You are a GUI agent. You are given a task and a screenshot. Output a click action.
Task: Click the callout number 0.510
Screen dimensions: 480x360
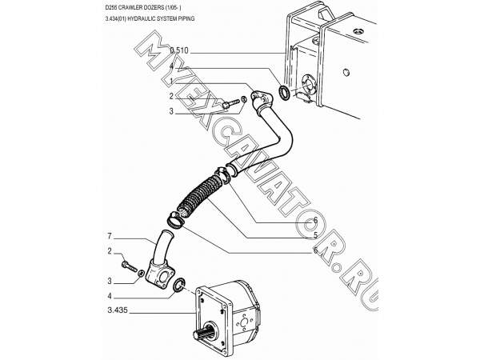pos(179,50)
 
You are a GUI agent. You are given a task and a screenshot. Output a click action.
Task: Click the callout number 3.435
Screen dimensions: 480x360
pos(118,310)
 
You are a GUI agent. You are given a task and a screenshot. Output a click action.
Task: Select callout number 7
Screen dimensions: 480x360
pos(110,236)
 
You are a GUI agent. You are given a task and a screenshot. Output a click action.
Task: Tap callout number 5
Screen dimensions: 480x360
pos(315,235)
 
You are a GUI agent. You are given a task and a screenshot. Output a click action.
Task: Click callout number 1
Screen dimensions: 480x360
pos(172,81)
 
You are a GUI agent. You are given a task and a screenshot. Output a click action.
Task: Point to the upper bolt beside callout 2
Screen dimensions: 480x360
pos(231,102)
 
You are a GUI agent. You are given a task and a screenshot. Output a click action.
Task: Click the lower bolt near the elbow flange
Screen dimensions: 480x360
pos(130,266)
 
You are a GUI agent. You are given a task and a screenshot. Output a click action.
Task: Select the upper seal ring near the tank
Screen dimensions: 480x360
pos(283,92)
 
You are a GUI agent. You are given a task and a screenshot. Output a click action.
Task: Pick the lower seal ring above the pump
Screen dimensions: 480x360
pos(179,284)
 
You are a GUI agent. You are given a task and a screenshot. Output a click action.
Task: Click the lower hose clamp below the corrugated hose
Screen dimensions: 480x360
pos(175,220)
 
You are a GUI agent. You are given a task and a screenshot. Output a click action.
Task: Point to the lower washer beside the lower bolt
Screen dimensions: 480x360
pos(141,273)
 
